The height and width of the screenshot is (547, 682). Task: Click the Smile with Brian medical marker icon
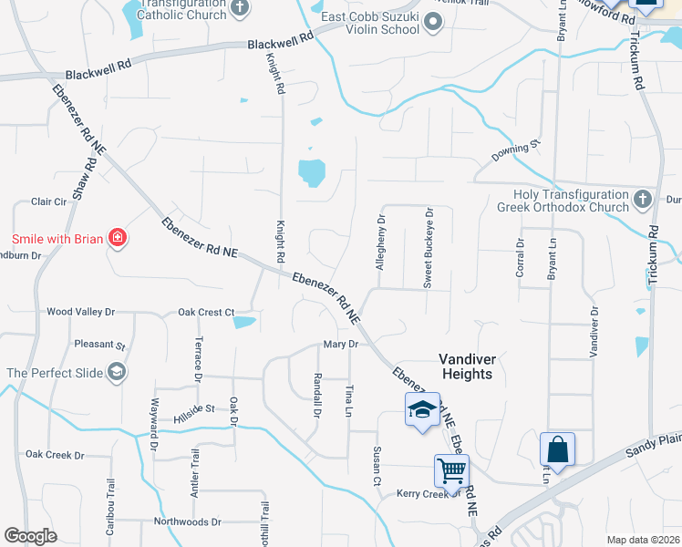pos(118,239)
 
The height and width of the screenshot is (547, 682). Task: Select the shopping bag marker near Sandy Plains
pos(557,449)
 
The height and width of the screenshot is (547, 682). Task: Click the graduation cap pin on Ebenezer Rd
pos(422,409)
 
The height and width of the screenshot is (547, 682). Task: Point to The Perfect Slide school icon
pos(117,372)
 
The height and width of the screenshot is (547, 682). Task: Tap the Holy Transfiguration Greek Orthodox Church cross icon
pos(643,199)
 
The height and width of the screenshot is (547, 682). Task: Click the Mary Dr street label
pos(337,344)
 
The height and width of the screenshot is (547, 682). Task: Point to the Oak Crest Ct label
pos(206,312)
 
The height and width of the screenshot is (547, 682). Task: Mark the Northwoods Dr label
pos(187,522)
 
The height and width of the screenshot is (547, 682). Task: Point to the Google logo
pos(30,536)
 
